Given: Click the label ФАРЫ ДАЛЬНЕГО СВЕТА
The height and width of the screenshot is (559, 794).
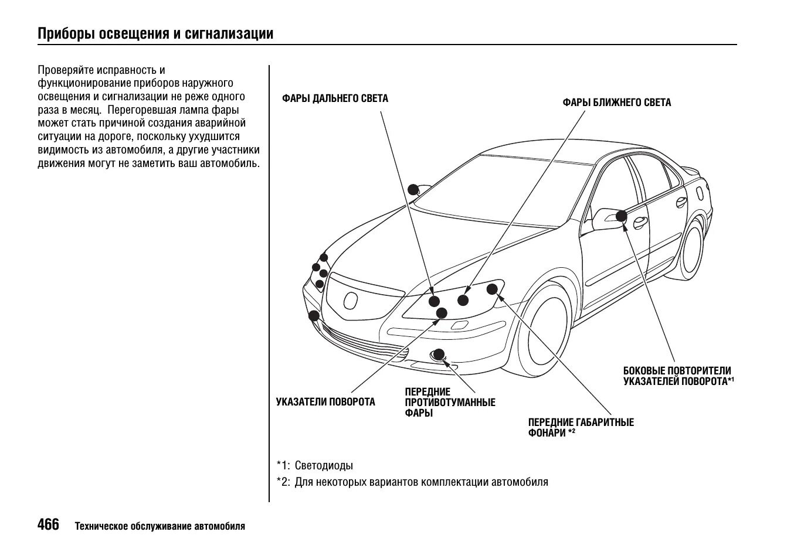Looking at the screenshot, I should tap(335, 98).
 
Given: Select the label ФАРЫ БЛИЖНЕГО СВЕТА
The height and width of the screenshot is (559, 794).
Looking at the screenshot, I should tap(616, 103).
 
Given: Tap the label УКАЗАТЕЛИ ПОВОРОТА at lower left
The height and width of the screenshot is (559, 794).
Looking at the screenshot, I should tap(325, 402).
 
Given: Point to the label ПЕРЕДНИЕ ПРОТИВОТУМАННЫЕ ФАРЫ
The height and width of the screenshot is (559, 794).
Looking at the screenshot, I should tap(450, 402).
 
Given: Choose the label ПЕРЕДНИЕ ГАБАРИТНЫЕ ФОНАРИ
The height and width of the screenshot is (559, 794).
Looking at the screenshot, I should tap(581, 427).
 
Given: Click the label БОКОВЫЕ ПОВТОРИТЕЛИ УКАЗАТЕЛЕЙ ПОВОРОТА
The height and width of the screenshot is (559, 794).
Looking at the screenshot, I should tap(677, 376).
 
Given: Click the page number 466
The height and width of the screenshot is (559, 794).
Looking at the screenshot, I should tap(48, 524).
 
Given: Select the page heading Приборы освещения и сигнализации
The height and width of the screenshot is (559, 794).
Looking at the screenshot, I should tap(155, 33).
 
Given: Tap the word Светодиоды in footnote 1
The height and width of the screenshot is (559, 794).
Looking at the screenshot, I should tap(324, 466).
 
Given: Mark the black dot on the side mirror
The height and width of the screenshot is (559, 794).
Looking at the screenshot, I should tap(621, 216).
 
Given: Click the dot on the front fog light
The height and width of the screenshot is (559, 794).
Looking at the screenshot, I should tap(438, 353).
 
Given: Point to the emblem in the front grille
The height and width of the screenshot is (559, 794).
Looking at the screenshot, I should tap(350, 300).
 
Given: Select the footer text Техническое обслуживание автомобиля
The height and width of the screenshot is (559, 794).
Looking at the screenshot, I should tap(160, 526).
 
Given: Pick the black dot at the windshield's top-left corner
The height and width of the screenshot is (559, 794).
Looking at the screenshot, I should tap(413, 189).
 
